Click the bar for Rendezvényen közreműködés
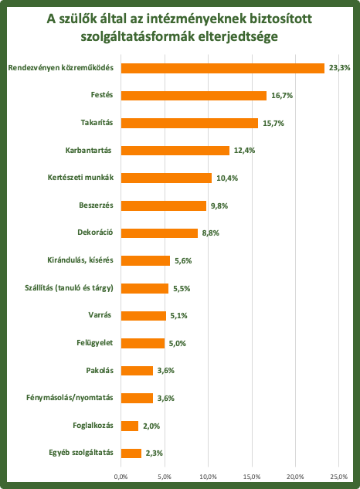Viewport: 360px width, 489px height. tap(222, 68)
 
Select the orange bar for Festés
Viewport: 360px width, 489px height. tap(194, 96)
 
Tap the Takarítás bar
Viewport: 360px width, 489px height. tap(189, 123)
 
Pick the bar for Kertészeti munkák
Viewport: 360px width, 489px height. tap(166, 178)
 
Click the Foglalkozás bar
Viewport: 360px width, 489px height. tap(130, 426)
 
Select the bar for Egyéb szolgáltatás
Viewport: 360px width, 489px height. tap(131, 453)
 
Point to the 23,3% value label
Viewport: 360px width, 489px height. tap(339, 68)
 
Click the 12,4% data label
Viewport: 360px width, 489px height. tap(244, 151)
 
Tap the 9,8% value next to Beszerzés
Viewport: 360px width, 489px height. tap(219, 205)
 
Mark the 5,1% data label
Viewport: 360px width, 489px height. tap(178, 316)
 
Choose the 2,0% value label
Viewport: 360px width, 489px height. tap(151, 426)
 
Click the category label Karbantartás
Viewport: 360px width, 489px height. tap(88, 151)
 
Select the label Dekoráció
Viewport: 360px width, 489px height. tap(95, 233)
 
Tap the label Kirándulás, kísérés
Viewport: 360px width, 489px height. tap(80, 260)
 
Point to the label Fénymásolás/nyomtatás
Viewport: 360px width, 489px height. tap(70, 398)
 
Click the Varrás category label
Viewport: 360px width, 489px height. tap(100, 315)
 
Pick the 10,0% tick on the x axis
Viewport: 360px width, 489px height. tap(208, 477)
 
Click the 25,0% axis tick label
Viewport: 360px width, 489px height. tap(339, 477)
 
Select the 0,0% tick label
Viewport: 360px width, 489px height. tap(121, 477)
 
